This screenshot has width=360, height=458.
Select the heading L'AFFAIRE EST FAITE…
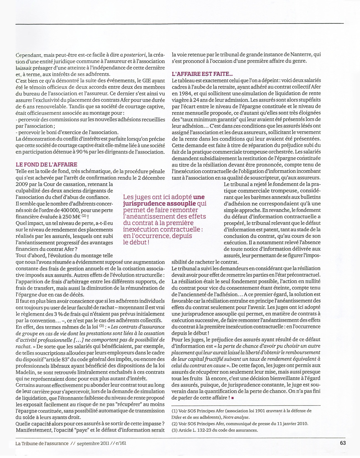click(x=202, y=74)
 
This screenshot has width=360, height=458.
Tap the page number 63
click(x=343, y=443)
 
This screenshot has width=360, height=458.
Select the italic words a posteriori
click(x=133, y=55)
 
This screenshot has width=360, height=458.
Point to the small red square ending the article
click(x=232, y=398)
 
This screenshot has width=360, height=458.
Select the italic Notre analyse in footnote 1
click(x=236, y=417)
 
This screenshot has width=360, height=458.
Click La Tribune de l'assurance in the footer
click(x=42, y=443)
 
